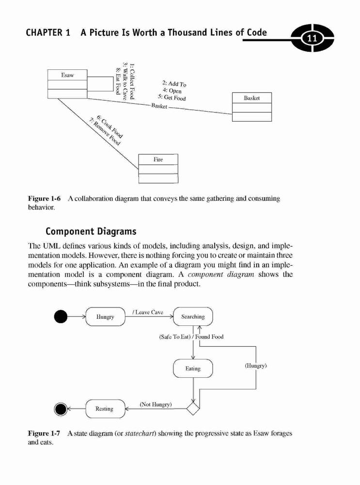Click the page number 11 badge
[x=313, y=38]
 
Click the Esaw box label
[x=67, y=75]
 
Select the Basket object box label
[x=251, y=98]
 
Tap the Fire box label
[x=158, y=159]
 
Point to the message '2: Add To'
[x=174, y=83]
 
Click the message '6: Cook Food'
[x=110, y=127]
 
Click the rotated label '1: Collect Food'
[x=132, y=81]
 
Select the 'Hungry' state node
[x=105, y=316]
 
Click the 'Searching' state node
[x=193, y=316]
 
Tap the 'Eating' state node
[x=193, y=369]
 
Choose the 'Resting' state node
[x=105, y=408]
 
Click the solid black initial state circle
[x=61, y=316]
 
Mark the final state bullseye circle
[x=61, y=409]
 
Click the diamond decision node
[x=193, y=408]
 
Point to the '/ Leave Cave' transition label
[x=148, y=312]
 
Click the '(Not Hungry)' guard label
[x=156, y=404]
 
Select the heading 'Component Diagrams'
[x=91, y=231]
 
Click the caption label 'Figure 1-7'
[x=44, y=433]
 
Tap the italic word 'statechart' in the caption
[x=140, y=433]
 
